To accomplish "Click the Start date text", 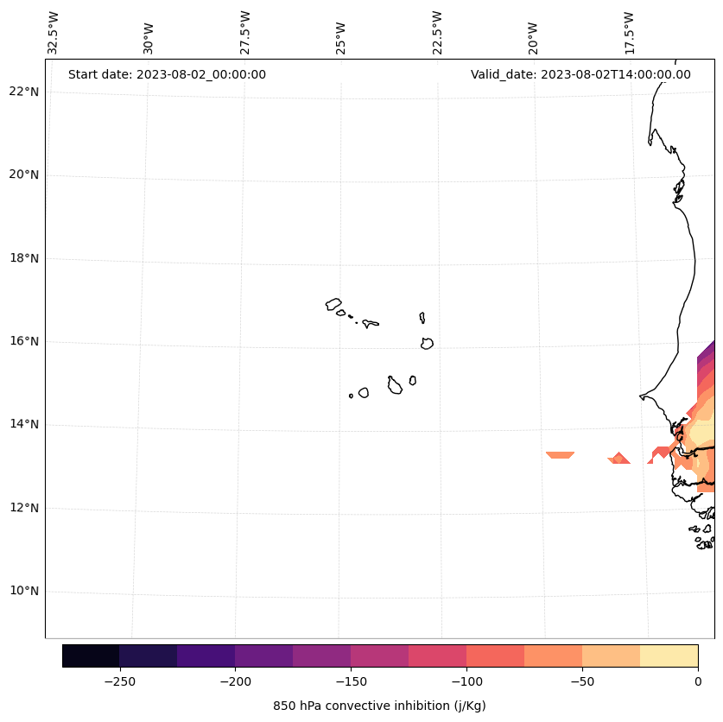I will coord(167,74).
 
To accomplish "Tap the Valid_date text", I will coord(580,74).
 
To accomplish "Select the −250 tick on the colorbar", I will coord(119,681).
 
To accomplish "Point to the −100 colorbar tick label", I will coord(466,681).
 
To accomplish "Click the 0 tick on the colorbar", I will coord(698,681).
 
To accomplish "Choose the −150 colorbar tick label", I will coord(351,681).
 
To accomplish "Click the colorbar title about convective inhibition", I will coord(379,706).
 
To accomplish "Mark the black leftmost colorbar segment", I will coord(91,655).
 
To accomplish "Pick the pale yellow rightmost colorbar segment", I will coord(669,655).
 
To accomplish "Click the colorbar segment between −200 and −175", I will coord(263,655).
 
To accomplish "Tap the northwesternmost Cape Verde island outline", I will coord(333,304).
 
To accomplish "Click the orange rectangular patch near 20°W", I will coord(560,454).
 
